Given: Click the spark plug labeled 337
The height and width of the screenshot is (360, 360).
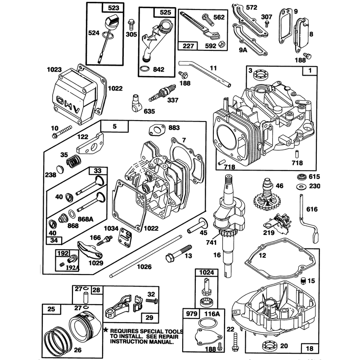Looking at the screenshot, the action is pyautogui.click(x=162, y=93).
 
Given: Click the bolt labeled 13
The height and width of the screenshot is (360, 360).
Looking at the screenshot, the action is pyautogui.click(x=178, y=253).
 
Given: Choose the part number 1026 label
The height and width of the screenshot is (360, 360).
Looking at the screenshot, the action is pyautogui.click(x=144, y=266).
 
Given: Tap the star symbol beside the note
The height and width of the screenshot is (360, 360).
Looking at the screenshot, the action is pyautogui.click(x=106, y=330).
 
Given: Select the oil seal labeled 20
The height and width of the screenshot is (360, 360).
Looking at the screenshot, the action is pyautogui.click(x=269, y=346).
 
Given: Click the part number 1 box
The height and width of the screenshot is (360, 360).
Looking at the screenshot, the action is pyautogui.click(x=310, y=71).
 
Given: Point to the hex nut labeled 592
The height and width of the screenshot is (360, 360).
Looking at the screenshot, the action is pyautogui.click(x=221, y=44).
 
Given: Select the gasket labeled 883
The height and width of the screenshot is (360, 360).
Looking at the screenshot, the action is pyautogui.click(x=157, y=130).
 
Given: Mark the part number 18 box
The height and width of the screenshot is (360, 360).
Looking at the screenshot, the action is pyautogui.click(x=310, y=348).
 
